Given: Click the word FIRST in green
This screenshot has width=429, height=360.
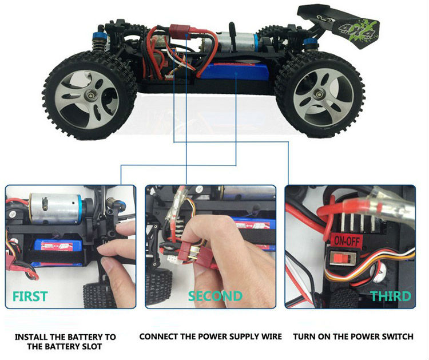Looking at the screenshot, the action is click(x=30, y=296).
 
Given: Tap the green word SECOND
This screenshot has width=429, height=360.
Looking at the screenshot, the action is click(x=215, y=296).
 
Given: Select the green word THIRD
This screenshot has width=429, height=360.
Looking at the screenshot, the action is click(x=391, y=296).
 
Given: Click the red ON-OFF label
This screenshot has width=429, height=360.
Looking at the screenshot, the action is click(x=347, y=241).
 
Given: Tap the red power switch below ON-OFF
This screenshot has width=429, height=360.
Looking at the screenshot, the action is click(x=343, y=259).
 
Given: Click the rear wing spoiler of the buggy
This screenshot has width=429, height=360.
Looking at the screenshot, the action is click(x=339, y=25).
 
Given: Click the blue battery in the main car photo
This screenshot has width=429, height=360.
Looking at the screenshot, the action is click(x=234, y=72).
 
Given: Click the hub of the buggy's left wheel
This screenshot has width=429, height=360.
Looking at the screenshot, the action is click(x=90, y=96).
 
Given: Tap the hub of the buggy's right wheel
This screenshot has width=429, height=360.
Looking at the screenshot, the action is click(x=318, y=95).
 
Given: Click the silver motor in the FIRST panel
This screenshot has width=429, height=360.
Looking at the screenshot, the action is click(x=55, y=208).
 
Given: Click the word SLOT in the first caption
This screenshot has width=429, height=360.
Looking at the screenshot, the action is click(x=89, y=346).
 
